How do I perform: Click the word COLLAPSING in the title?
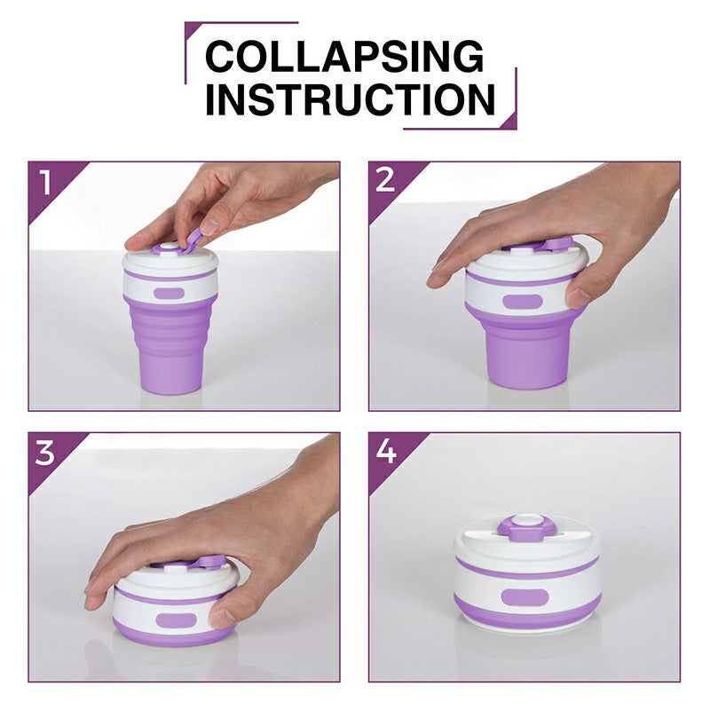pyautogui.click(x=344, y=56)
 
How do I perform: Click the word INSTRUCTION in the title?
pyautogui.click(x=350, y=99)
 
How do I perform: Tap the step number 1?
pyautogui.click(x=45, y=183)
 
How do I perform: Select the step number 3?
pyautogui.click(x=45, y=453)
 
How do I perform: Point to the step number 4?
pyautogui.click(x=386, y=451)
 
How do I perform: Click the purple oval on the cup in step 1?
pyautogui.click(x=169, y=293)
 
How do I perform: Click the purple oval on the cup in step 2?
pyautogui.click(x=522, y=302)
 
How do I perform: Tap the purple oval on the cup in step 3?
pyautogui.click(x=176, y=620)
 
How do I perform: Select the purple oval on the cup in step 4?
pyautogui.click(x=525, y=597)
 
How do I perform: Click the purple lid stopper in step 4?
pyautogui.click(x=525, y=527)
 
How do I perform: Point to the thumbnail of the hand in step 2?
pyautogui.click(x=578, y=296)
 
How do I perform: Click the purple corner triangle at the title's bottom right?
pyautogui.click(x=508, y=121)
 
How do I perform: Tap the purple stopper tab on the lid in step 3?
pyautogui.click(x=212, y=562)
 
